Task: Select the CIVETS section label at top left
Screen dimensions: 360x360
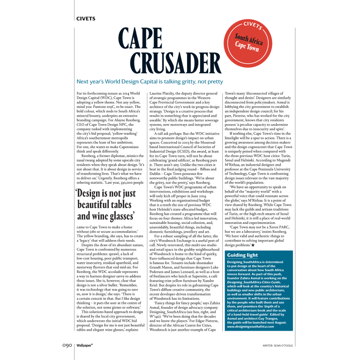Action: [x=86, y=19]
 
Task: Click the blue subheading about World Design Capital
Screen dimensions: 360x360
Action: [x=150, y=82]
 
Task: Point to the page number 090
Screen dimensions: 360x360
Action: [x=65, y=345]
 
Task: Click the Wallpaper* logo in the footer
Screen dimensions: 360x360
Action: [x=85, y=345]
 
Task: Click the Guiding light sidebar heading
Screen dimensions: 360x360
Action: [x=242, y=255]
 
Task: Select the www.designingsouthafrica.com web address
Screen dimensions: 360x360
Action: [x=250, y=327]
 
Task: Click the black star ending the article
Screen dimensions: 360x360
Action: [x=253, y=245]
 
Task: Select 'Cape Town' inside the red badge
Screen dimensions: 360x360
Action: [x=247, y=46]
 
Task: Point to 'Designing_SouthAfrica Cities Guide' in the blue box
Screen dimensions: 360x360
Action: [x=253, y=282]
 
